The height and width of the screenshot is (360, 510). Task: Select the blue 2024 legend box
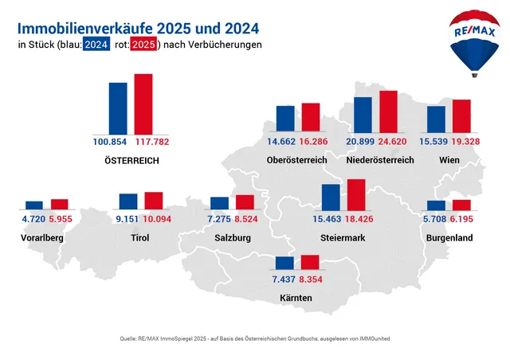click(x=96, y=45)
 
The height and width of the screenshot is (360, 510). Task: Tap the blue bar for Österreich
click(x=118, y=108)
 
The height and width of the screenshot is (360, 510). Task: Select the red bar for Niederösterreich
click(x=388, y=112)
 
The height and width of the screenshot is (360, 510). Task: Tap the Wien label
click(x=449, y=160)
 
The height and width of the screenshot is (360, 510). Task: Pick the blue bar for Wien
click(x=436, y=119)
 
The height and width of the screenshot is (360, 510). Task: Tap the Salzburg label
click(x=233, y=238)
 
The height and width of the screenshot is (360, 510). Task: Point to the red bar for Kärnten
click(x=309, y=262)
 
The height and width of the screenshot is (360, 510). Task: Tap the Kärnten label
click(x=296, y=298)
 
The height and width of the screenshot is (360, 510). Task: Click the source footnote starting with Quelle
click(x=255, y=338)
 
